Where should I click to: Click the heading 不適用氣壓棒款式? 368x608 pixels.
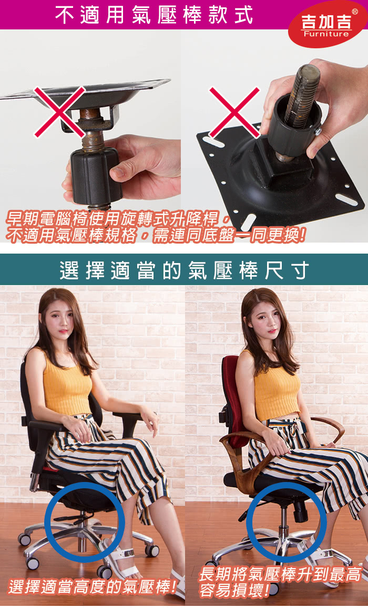(154, 15)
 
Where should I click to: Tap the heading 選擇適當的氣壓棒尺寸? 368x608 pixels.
(184, 270)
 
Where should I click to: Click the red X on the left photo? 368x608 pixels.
(59, 112)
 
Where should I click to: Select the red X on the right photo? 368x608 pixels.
(234, 112)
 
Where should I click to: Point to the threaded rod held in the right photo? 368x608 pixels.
(302, 95)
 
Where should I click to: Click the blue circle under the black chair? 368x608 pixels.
(85, 522)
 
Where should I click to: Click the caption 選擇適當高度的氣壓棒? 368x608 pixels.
(93, 587)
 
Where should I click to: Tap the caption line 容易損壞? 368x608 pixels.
(234, 591)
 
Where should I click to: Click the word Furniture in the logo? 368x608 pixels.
(326, 34)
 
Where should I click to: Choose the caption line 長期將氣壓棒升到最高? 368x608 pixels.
(280, 574)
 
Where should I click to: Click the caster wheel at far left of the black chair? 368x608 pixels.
(24, 539)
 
